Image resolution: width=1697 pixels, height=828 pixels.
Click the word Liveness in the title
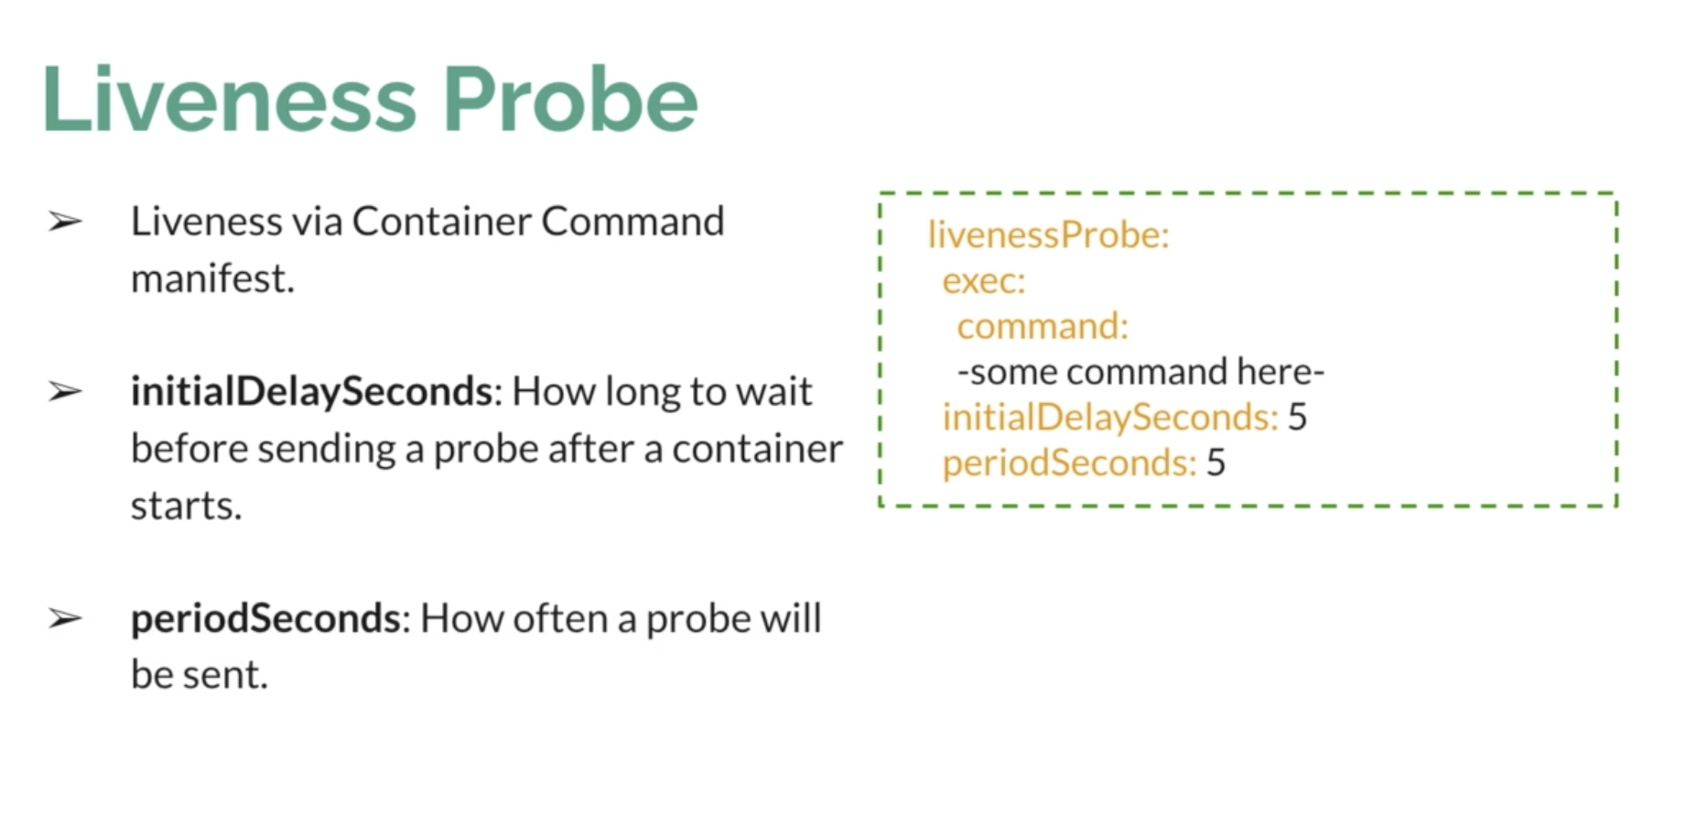pos(230,99)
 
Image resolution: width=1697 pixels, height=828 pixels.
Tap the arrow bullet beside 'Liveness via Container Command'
pos(65,222)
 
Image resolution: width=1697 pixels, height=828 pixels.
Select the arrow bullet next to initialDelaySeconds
pos(65,392)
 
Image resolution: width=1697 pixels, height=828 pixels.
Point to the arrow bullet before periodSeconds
pos(65,619)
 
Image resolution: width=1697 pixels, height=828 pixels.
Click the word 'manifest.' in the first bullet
pos(212,278)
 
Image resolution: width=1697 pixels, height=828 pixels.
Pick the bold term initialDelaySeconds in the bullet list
pos(311,392)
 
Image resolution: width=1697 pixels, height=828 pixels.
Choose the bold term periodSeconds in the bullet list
pos(265,619)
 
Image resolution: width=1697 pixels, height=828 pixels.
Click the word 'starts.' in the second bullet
pos(186,506)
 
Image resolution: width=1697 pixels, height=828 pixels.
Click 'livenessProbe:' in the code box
pos(1048,235)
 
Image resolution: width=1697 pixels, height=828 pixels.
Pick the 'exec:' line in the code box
pos(984,281)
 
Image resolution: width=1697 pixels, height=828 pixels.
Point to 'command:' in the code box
pos(1043,326)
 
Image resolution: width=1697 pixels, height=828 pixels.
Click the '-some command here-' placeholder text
pos(1140,372)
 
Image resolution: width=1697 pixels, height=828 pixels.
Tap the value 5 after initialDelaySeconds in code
pos(1297,418)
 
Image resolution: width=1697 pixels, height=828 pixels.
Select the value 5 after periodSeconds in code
pos(1216,463)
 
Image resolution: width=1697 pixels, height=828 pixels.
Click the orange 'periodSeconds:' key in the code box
pos(1069,463)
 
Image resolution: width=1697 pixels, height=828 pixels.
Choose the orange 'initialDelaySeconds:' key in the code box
pos(1110,418)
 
